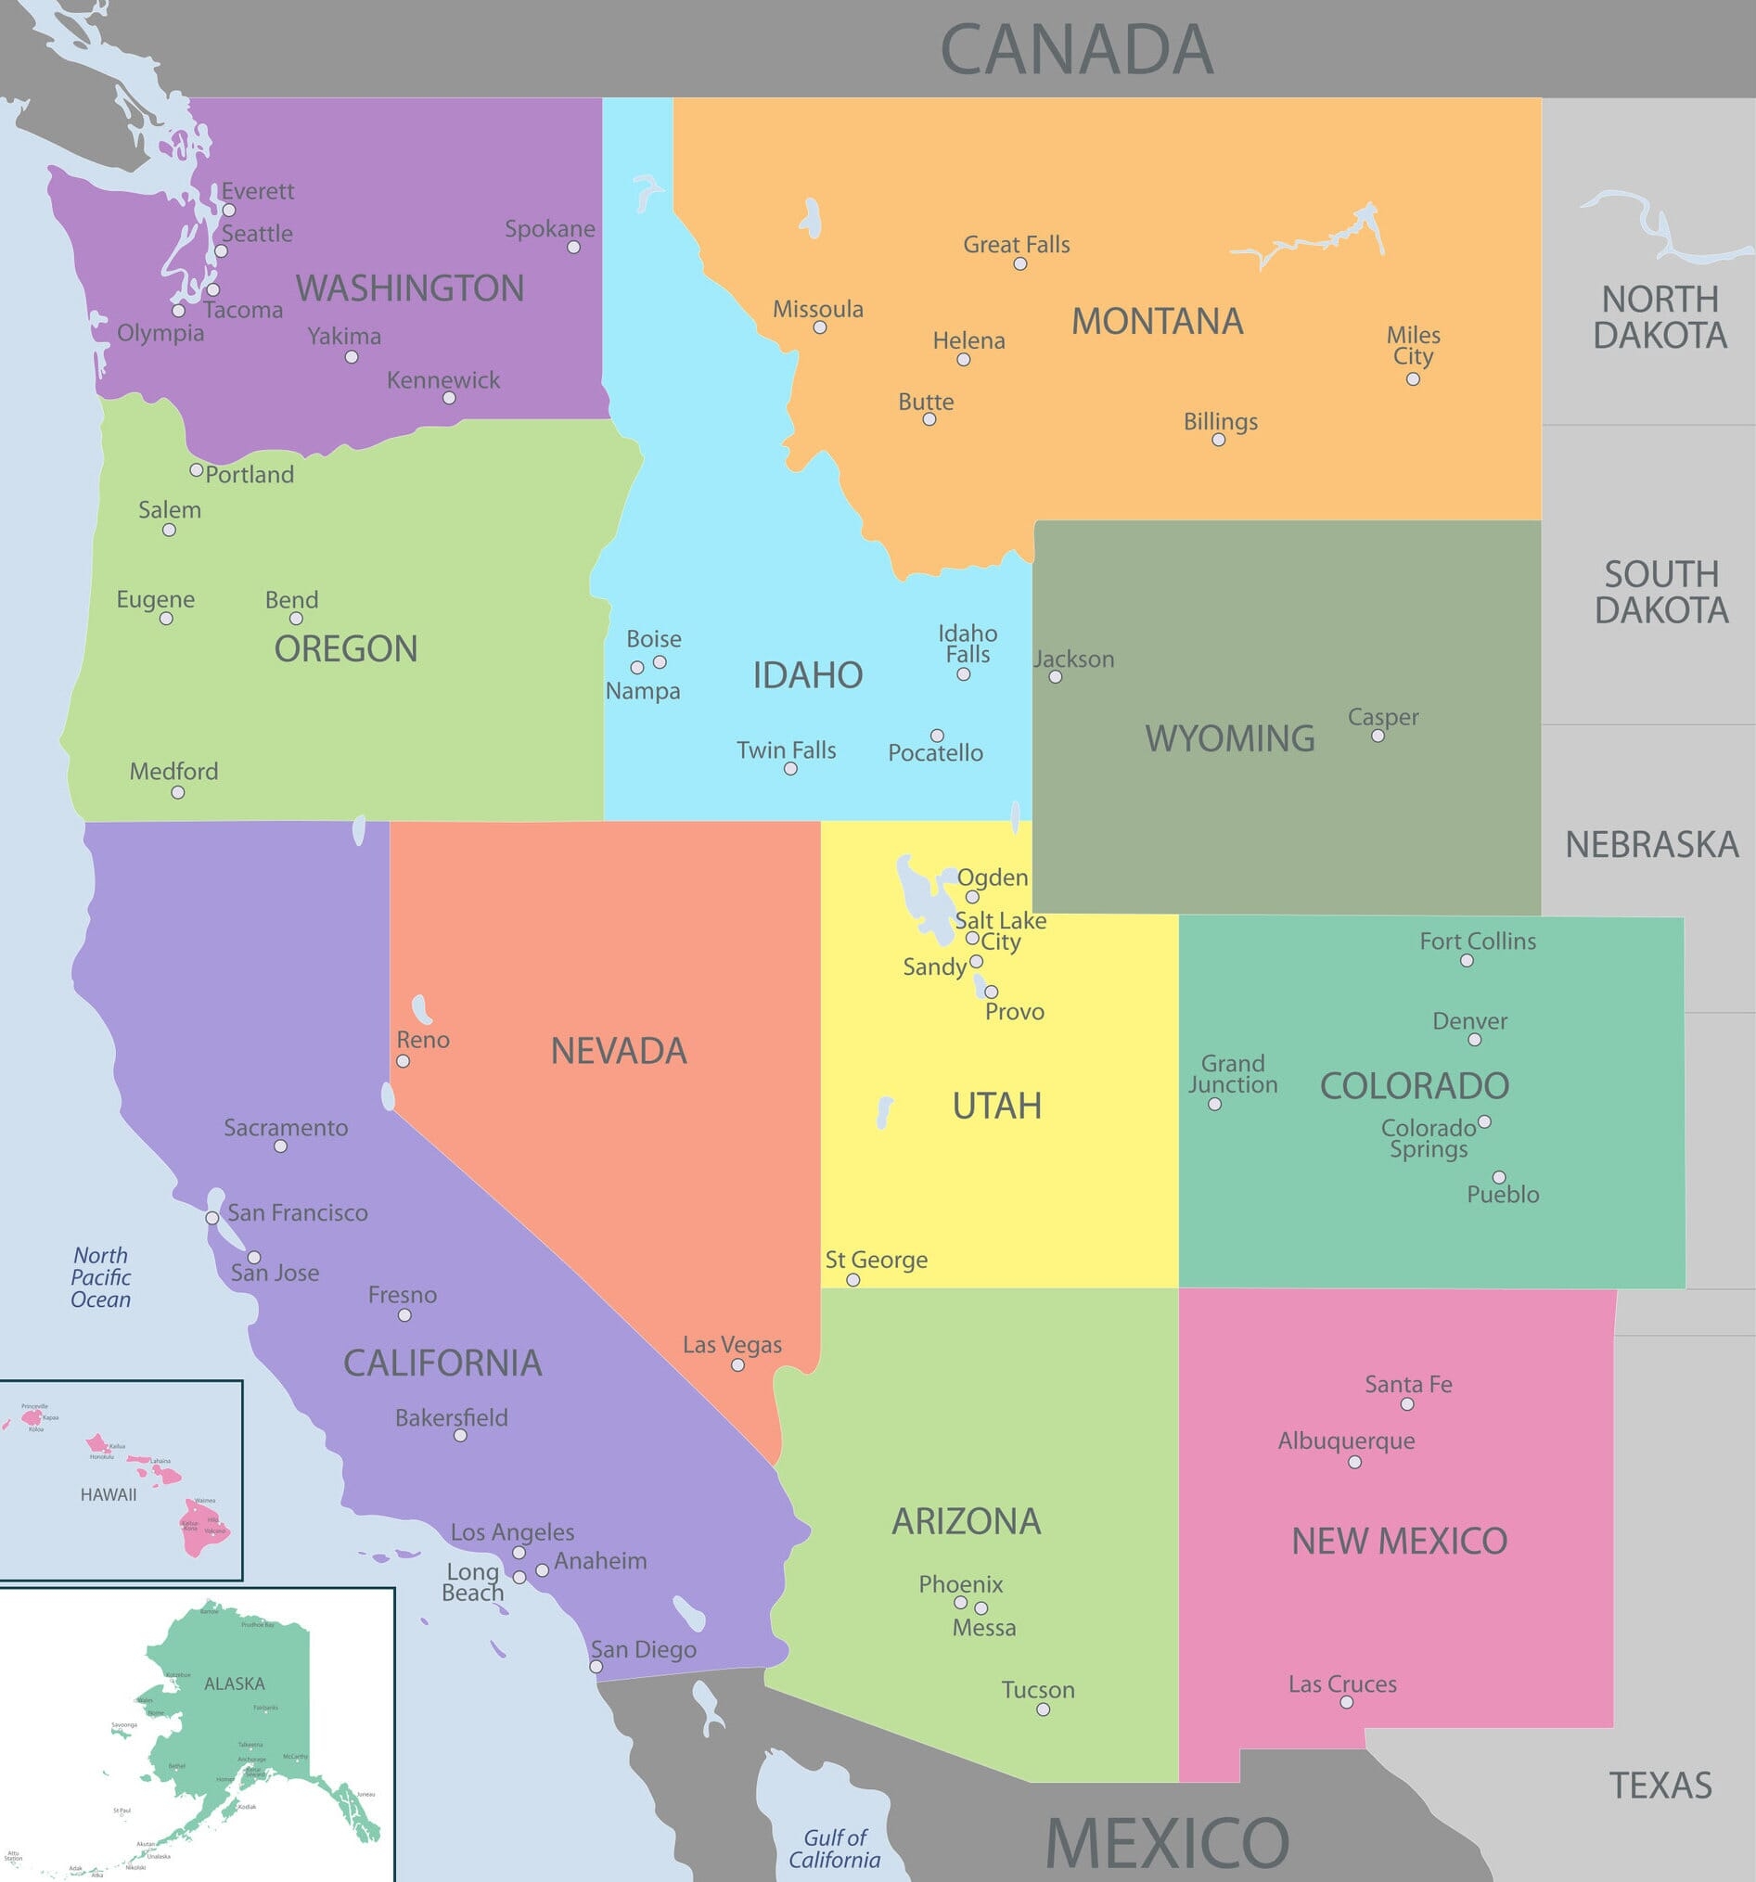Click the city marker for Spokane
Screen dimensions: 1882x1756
point(573,247)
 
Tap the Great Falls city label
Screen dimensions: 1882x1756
point(1016,244)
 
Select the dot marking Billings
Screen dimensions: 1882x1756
point(1218,440)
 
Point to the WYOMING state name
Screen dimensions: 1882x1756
point(1230,738)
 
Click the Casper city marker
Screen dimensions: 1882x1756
point(1378,736)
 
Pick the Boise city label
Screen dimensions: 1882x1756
point(653,639)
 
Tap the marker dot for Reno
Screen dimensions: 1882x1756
point(404,1061)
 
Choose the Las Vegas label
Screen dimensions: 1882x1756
point(732,1344)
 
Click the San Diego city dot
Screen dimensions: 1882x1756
point(596,1667)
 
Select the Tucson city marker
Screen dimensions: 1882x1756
point(1043,1709)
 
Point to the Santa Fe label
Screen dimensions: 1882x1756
point(1407,1384)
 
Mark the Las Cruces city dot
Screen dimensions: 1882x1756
point(1346,1702)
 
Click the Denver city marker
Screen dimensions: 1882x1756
point(1474,1040)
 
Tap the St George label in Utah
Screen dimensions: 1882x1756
point(876,1260)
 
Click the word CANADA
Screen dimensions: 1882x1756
point(1076,49)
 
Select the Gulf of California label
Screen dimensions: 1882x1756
point(834,1849)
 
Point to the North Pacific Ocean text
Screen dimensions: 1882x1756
point(100,1277)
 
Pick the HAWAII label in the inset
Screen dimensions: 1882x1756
point(108,1495)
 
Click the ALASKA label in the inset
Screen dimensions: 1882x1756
point(234,1684)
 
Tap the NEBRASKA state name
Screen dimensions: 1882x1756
point(1651,844)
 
